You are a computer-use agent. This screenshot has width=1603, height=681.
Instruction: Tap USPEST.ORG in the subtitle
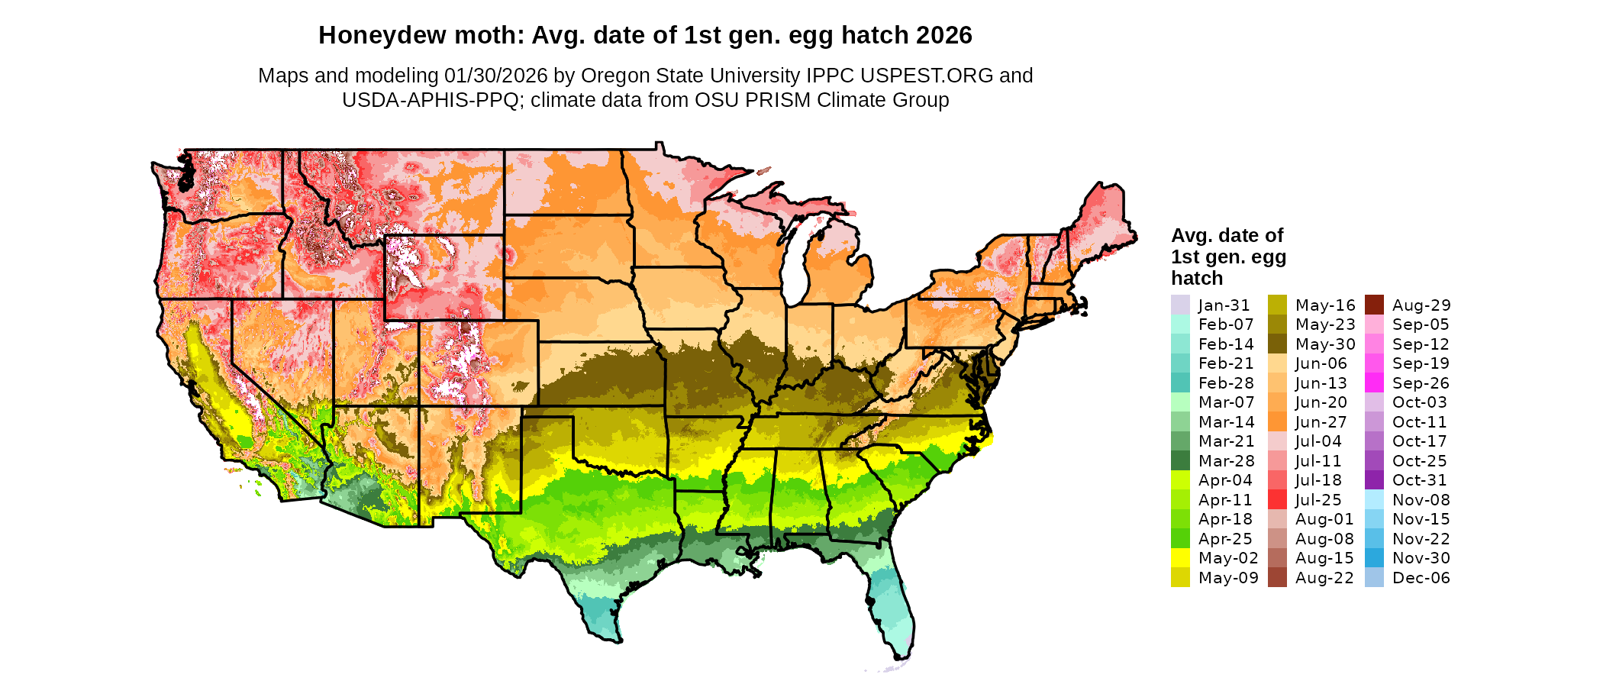coord(927,76)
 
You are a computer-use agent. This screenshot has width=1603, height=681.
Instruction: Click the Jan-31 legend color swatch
coord(1180,305)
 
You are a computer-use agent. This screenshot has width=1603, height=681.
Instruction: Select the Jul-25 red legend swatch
coord(1277,500)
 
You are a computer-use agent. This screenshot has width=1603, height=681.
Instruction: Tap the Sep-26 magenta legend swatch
coord(1374,383)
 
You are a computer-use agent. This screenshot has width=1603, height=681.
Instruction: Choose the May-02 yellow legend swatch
coord(1180,558)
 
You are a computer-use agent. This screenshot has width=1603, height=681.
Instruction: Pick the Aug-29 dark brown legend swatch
coord(1374,305)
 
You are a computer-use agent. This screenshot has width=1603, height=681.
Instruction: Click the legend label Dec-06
coord(1421,578)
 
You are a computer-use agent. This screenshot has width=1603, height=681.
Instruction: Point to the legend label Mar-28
coord(1226,461)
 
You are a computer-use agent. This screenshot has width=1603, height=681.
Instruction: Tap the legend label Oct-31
coord(1419,480)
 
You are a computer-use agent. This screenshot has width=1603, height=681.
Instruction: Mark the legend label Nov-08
coord(1421,500)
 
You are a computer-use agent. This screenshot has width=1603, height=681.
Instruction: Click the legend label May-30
coord(1324,344)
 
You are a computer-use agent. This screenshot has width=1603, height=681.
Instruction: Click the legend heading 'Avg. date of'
coord(1227,235)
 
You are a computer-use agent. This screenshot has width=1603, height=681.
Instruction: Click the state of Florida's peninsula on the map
coord(893,611)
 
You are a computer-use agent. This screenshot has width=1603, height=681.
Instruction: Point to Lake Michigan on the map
coord(798,260)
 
